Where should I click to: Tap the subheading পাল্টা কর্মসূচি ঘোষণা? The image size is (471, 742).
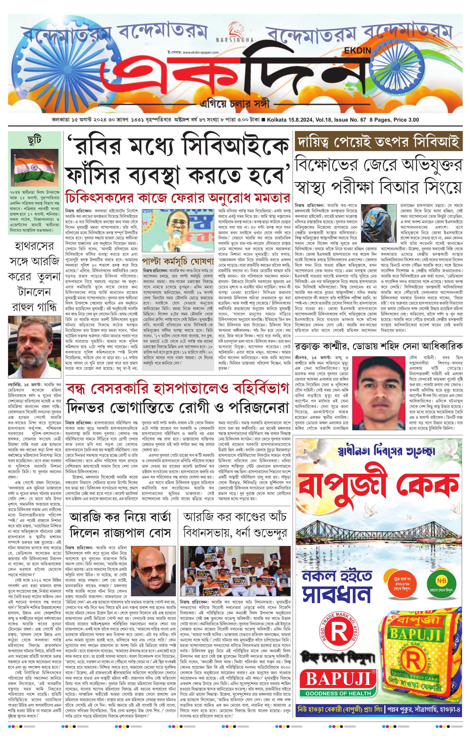(178, 261)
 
